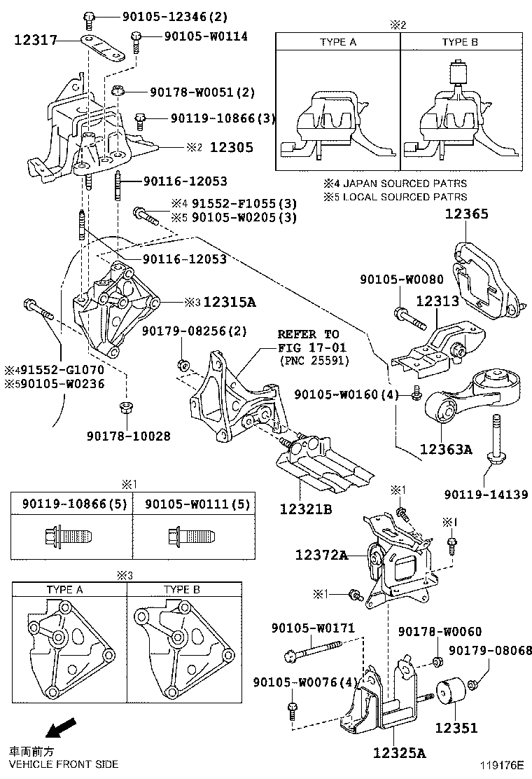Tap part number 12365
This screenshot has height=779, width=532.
[467, 215]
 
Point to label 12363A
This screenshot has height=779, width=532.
[446, 449]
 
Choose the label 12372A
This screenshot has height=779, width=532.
[321, 555]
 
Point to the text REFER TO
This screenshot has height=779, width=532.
[308, 334]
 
